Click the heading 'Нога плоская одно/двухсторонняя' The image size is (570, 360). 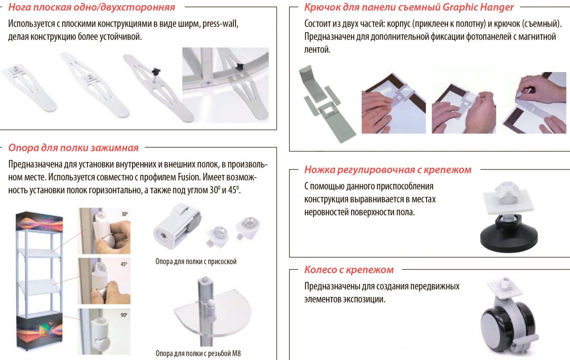(92, 7)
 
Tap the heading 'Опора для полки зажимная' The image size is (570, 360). (74, 148)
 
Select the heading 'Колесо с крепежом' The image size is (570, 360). (349, 269)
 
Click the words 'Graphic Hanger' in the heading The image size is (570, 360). (478, 7)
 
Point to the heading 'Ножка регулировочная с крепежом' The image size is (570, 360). (388, 170)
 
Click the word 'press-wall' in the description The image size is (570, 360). (220, 24)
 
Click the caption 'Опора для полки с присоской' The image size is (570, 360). (196, 261)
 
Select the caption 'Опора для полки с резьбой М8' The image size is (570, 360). (198, 353)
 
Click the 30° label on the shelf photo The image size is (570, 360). (124, 214)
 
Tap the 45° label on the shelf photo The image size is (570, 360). (124, 264)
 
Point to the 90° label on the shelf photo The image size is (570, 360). (124, 315)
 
